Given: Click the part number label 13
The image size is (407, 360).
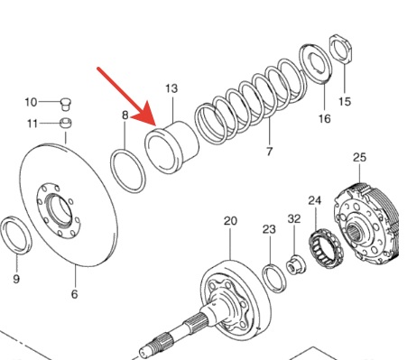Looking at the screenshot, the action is pyautogui.click(x=171, y=88).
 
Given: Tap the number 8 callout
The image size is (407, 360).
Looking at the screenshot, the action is pyautogui.click(x=125, y=115).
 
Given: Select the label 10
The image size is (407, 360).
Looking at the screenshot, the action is pyautogui.click(x=31, y=102).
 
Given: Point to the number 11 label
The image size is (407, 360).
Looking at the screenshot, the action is pyautogui.click(x=32, y=124).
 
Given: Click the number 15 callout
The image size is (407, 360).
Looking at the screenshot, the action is pyautogui.click(x=345, y=101).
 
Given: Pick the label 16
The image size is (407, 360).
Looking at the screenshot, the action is pyautogui.click(x=324, y=118).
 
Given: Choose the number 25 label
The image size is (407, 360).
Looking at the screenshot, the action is pyautogui.click(x=359, y=157).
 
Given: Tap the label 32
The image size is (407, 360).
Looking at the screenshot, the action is pyautogui.click(x=294, y=218).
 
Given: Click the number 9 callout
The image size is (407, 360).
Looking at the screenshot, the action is pyautogui.click(x=16, y=279).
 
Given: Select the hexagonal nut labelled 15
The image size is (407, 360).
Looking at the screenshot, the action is pyautogui.click(x=341, y=49).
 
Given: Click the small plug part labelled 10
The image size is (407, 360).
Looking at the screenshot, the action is pyautogui.click(x=66, y=104).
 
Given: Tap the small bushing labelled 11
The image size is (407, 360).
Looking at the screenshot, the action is pyautogui.click(x=66, y=123).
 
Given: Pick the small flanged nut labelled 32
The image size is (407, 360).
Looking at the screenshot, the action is pyautogui.click(x=296, y=264).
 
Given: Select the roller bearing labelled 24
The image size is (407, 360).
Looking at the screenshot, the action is pyautogui.click(x=325, y=248).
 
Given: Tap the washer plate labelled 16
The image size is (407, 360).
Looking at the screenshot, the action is pyautogui.click(x=316, y=63).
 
